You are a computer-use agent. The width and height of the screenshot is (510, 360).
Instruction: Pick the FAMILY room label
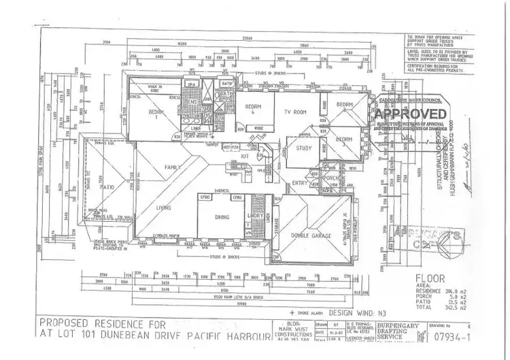173,166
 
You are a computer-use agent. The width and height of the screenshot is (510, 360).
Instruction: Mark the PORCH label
331,179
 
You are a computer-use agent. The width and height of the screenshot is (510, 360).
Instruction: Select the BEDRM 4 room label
253,110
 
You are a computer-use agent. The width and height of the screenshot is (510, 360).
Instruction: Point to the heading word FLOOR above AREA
429,278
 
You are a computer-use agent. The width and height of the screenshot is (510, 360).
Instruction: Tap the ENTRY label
299,182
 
